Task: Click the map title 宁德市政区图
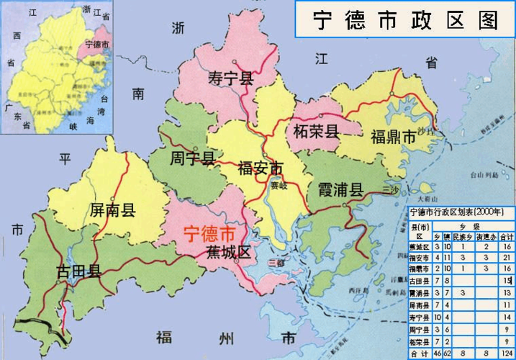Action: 405,19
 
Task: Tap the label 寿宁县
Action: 230,78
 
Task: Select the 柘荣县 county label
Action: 317,132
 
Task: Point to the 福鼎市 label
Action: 393,137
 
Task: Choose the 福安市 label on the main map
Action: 261,168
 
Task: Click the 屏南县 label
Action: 113,210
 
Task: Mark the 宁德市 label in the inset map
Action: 97,45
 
